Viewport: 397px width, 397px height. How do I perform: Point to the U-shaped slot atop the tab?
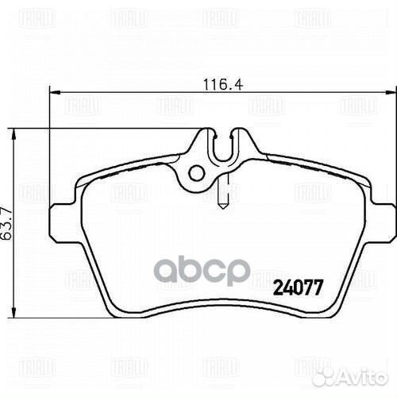point(224,143)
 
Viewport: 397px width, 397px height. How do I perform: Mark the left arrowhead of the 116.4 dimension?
point(55,91)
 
